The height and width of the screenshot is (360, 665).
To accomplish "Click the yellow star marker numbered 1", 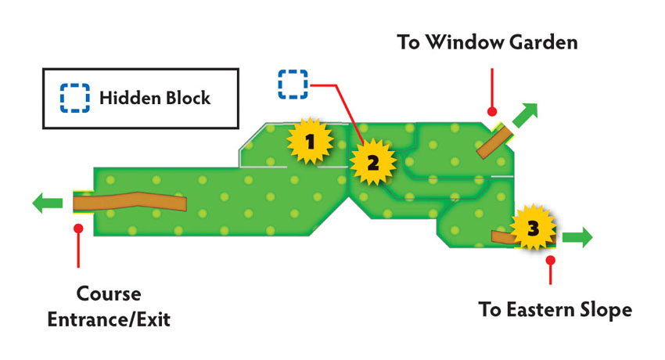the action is coord(310,141).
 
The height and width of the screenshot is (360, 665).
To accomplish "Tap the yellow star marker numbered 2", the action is coord(372,162).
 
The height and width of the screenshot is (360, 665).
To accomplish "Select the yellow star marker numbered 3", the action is coord(533,228).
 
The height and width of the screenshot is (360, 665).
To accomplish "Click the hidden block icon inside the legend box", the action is coord(74,98).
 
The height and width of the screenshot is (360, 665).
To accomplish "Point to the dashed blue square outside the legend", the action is coord(293,85).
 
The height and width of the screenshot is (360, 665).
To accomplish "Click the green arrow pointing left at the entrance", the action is coord(48,203).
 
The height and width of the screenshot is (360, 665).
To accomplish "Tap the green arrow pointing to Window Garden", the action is coord(526,114).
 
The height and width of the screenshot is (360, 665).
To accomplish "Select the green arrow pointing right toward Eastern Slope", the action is coord(577,237).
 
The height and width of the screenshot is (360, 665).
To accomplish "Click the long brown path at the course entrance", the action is coord(130,201).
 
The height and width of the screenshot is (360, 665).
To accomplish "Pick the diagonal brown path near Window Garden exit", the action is coord(494,142).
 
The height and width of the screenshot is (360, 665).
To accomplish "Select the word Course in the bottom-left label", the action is coord(109,293).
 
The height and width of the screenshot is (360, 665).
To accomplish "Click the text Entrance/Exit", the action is coord(109,319).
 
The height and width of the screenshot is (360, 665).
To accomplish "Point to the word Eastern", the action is coord(537,310).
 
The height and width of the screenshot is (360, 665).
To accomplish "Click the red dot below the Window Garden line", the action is coord(492,111).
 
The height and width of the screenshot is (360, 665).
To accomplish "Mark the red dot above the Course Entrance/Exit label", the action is coord(78,229).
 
